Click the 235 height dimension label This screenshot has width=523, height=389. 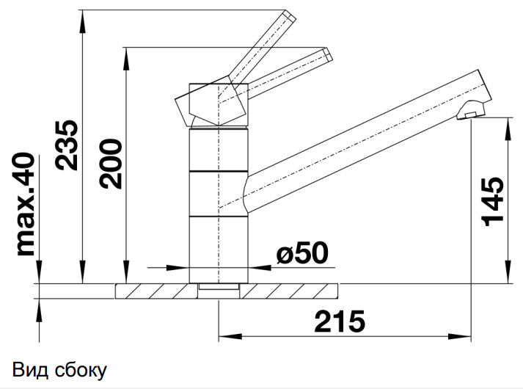tap(67, 144)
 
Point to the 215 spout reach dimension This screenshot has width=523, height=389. tap(340, 321)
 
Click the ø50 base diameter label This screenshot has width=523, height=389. tap(301, 253)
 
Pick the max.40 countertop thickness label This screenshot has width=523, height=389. tap(26, 204)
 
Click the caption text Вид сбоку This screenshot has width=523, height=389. tap(59, 369)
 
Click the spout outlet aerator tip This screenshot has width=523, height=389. tap(469, 114)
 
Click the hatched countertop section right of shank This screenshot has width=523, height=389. tap(289, 291)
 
